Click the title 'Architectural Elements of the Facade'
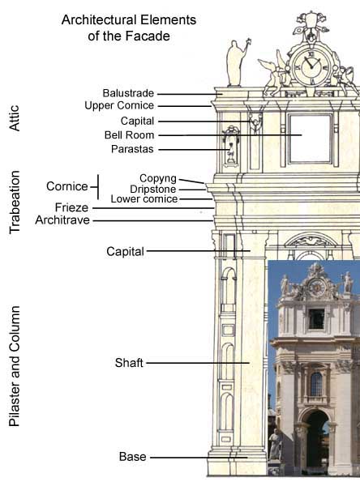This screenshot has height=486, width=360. (x=129, y=28)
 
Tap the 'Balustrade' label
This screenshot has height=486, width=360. (x=128, y=93)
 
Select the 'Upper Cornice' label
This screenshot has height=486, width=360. (x=119, y=105)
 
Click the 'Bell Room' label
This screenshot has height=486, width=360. (x=129, y=135)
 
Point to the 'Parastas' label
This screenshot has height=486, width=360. (x=132, y=149)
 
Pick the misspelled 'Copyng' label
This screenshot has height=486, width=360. (x=158, y=178)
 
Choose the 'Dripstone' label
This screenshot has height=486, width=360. (x=153, y=189)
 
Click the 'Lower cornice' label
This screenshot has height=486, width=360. (x=144, y=199)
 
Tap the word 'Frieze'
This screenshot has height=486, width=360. (x=71, y=207)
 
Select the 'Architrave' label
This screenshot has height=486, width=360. (x=62, y=220)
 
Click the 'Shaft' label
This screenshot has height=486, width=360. (x=129, y=363)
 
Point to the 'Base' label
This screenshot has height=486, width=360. (x=132, y=457)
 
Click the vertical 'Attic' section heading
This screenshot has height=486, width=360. (x=15, y=118)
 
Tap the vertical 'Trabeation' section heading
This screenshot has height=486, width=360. (x=15, y=202)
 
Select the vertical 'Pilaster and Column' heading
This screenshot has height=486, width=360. (x=15, y=366)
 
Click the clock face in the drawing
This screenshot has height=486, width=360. (x=311, y=66)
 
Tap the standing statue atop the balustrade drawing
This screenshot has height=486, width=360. (x=237, y=63)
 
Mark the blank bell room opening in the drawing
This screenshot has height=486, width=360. (x=310, y=139)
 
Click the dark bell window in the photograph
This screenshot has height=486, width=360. (x=316, y=319)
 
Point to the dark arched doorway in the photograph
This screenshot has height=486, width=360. (x=317, y=440)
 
